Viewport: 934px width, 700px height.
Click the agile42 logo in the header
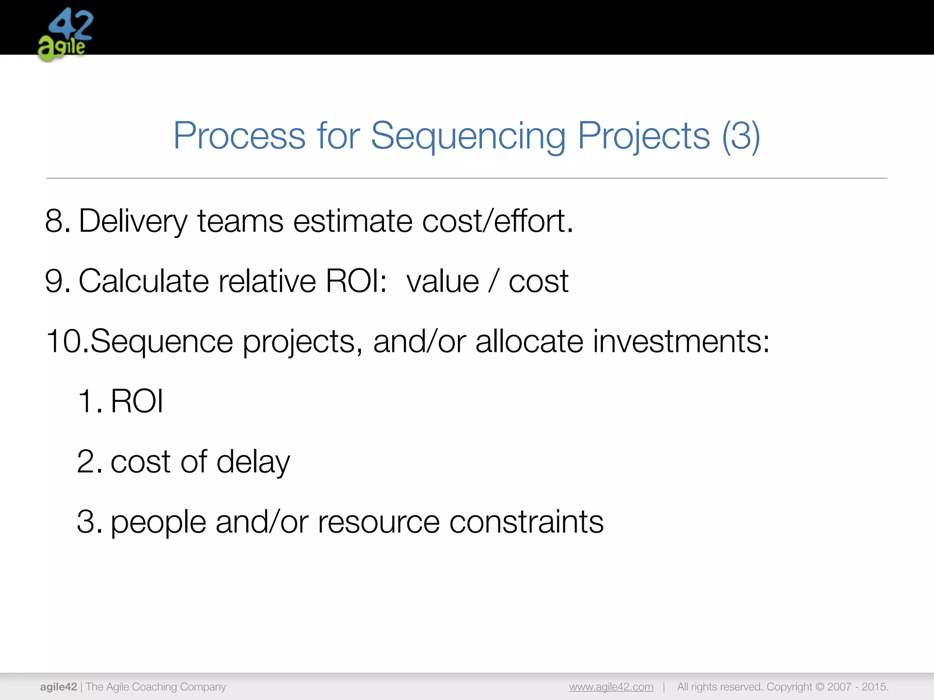pos(65,35)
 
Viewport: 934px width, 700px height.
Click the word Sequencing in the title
pos(468,136)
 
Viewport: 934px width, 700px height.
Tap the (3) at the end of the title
pos(741,136)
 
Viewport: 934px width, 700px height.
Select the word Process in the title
pos(239,136)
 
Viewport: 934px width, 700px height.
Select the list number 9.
pos(57,281)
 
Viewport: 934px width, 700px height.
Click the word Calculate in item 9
pos(144,281)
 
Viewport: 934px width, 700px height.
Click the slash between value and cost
pos(493,281)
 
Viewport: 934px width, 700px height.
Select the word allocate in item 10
pos(529,341)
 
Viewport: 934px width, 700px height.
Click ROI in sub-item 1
pos(137,401)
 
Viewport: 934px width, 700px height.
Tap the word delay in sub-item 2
pos(253,462)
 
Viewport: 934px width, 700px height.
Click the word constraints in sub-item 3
pos(526,522)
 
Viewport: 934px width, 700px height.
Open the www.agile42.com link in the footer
pos(611,687)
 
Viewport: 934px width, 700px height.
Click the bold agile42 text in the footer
pos(58,687)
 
